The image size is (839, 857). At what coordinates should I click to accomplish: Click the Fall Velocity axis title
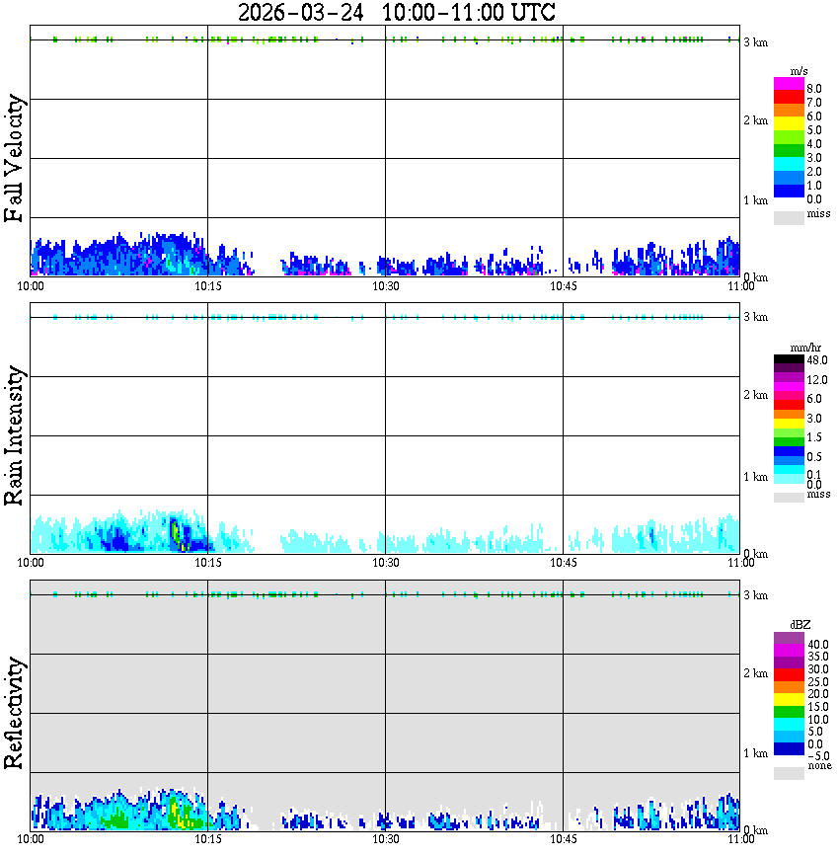coord(16,160)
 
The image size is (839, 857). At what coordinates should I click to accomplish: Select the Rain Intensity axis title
coord(16,435)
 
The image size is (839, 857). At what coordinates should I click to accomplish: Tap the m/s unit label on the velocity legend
coord(800,73)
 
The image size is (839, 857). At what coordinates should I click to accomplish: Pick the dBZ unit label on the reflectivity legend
coord(800,624)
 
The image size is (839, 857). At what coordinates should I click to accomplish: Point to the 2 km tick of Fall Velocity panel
coord(755,120)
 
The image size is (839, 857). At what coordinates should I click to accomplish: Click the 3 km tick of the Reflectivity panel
coord(755,594)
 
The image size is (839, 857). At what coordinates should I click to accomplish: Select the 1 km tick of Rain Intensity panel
coord(755,477)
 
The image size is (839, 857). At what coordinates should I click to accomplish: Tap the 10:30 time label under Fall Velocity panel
coord(385,286)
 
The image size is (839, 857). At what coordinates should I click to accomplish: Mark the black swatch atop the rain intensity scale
coord(789,358)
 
